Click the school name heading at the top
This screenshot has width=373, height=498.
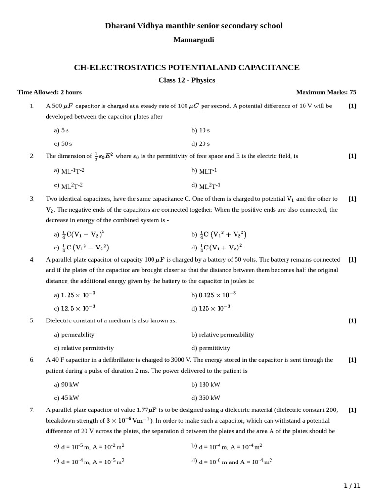(193, 26)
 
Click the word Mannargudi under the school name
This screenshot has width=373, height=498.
(193, 40)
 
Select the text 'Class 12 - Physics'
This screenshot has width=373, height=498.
(186, 80)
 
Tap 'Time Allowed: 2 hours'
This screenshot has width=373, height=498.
(50, 92)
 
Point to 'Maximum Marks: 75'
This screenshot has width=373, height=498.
(326, 92)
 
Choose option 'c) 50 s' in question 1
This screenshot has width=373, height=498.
(63, 144)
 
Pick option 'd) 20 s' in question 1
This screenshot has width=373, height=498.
(201, 144)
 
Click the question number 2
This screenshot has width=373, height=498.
(32, 156)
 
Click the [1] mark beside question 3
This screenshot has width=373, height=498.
(352, 199)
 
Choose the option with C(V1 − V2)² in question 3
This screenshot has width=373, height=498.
(79, 234)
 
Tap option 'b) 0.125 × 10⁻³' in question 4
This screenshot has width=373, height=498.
(213, 295)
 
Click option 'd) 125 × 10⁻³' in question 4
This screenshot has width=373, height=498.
(211, 308)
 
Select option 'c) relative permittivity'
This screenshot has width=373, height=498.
(84, 348)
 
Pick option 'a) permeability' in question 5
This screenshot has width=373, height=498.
(74, 335)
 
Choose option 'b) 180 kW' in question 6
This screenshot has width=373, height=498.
(205, 384)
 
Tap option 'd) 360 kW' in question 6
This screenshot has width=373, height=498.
(205, 398)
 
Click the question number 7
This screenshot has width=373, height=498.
(32, 410)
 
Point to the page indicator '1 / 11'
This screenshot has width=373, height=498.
(352, 486)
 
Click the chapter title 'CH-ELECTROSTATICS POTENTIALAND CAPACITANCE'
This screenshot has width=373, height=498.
(186, 68)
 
